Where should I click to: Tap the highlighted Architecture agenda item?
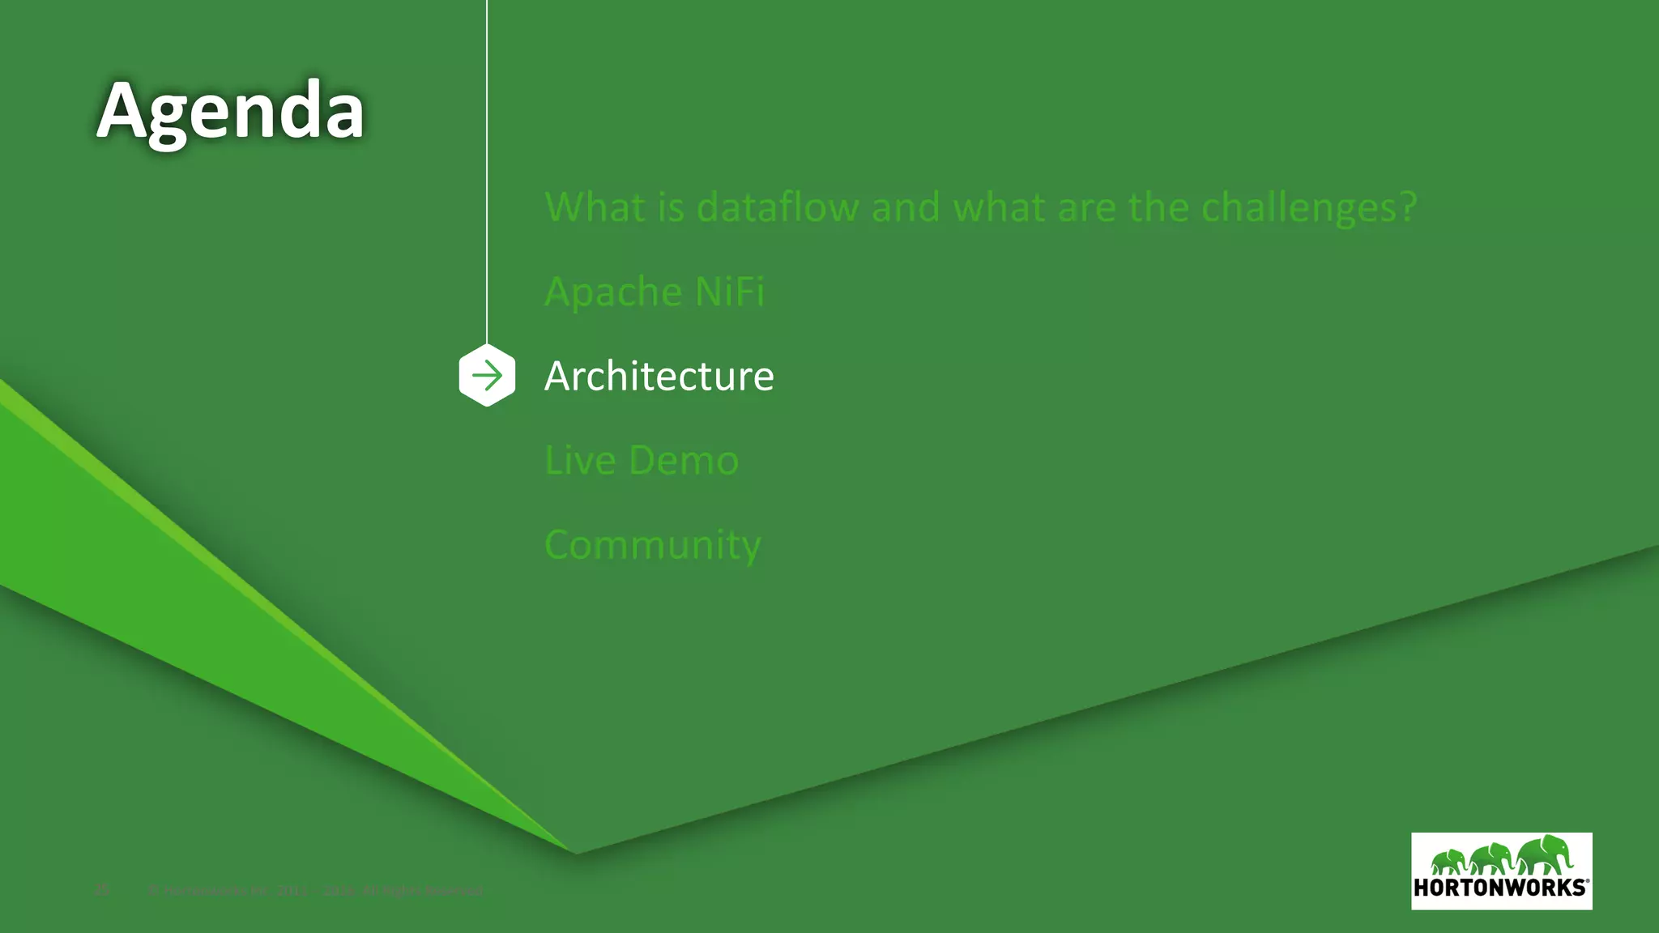[x=659, y=376]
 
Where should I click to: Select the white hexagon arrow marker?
[x=487, y=375]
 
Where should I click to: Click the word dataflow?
[x=777, y=207]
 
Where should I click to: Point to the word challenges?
[x=1299, y=208]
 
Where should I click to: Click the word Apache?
[x=612, y=292]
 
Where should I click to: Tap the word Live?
[x=580, y=460]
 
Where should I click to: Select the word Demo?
[x=683, y=460]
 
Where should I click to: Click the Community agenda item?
[x=653, y=545]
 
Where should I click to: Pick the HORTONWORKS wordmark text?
[x=1500, y=888]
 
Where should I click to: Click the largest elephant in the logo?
[x=1545, y=855]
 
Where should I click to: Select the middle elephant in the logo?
[x=1491, y=858]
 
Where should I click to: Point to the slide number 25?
[x=102, y=890]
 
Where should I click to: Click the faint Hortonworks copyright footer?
[x=316, y=891]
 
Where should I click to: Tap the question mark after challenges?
[x=1407, y=207]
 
